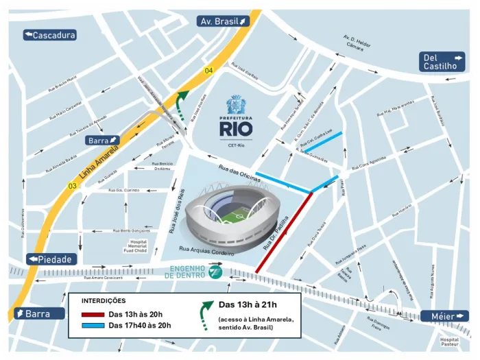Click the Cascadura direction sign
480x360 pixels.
tap(49, 35)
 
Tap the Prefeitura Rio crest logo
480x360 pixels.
tap(237, 104)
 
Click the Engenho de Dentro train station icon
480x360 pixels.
tap(215, 273)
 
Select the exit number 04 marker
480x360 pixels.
tap(208, 71)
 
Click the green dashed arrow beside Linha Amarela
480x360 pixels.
tap(182, 105)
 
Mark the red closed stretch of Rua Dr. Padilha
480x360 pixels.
tap(284, 233)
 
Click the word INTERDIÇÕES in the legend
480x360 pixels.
tap(104, 300)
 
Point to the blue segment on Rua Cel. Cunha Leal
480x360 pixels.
tap(323, 142)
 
